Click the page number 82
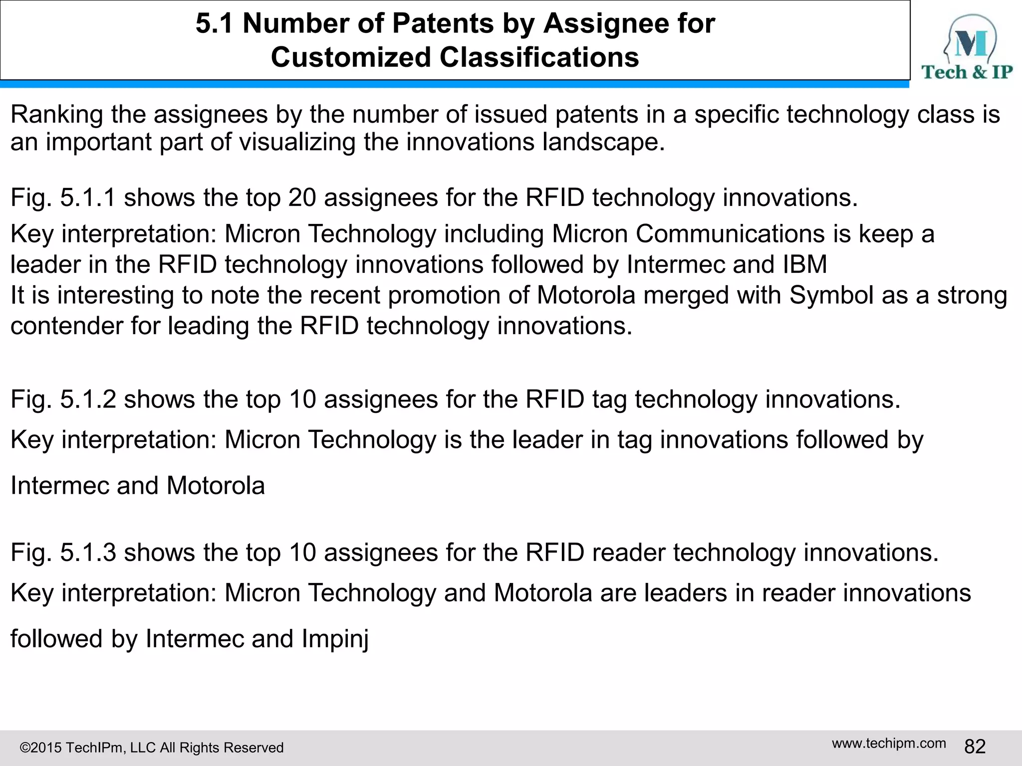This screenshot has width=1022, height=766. (975, 747)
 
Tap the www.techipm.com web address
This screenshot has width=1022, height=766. (889, 743)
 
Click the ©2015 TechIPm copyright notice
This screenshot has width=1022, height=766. (151, 748)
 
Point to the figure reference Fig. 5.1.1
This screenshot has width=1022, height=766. (63, 197)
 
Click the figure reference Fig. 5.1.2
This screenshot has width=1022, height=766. (63, 399)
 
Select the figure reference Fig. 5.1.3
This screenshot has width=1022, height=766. (63, 553)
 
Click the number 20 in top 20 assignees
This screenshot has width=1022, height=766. (302, 197)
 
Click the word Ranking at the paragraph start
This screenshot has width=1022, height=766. (56, 115)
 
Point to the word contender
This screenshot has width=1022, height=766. (66, 326)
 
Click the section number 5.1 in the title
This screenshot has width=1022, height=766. (214, 23)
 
